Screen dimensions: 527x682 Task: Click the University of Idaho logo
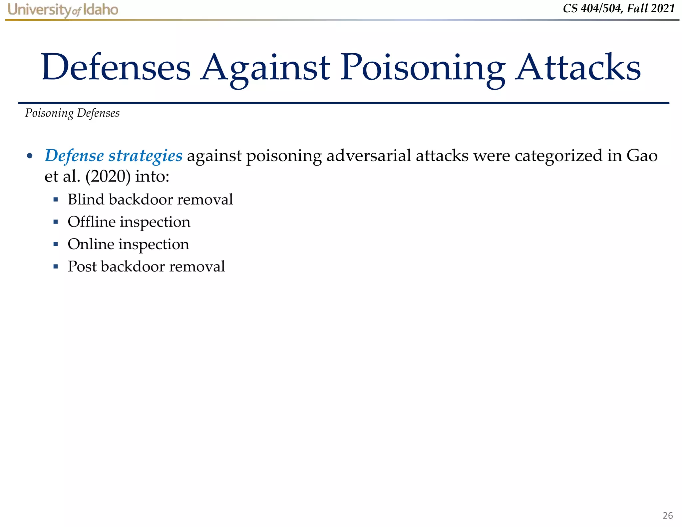pos(63,10)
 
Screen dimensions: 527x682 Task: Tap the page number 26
pos(667,515)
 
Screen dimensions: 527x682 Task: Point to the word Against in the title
pos(265,68)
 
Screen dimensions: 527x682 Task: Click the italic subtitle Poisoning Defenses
pos(72,113)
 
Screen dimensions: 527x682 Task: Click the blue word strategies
pos(146,156)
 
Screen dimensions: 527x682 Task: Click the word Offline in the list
pos(91,222)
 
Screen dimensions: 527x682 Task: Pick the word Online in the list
pos(91,244)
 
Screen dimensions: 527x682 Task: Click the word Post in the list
pos(82,266)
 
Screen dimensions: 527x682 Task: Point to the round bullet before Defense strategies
pos(30,156)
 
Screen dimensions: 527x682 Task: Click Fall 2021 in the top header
pos(651,9)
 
